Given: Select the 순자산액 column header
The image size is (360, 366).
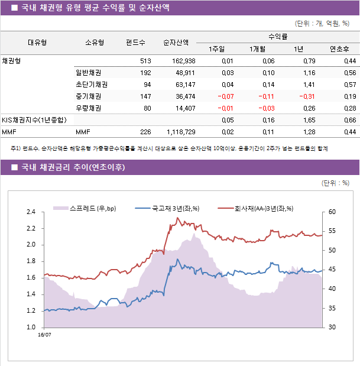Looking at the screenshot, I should pyautogui.click(x=176, y=43).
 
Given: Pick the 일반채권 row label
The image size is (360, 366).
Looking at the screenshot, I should pyautogui.click(x=88, y=73).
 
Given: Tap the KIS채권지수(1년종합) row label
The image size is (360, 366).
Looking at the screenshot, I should pyautogui.click(x=34, y=120).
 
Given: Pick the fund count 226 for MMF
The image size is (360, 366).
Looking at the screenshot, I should pyautogui.click(x=145, y=132).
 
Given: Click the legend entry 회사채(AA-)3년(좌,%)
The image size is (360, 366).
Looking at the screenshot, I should pyautogui.click(x=264, y=208).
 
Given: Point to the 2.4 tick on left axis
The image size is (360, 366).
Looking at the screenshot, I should pyautogui.click(x=31, y=212).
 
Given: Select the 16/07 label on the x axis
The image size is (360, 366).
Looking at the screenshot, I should pyautogui.click(x=44, y=334).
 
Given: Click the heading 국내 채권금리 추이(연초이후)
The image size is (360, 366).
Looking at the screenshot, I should pyautogui.click(x=73, y=167).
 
